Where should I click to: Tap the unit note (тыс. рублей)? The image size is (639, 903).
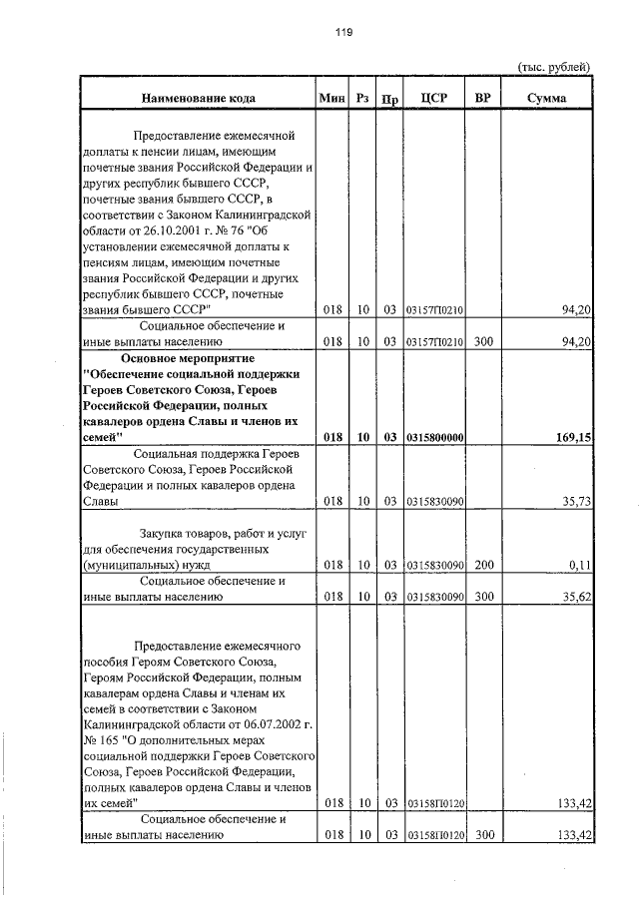pyautogui.click(x=554, y=67)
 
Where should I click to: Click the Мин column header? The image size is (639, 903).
pyautogui.click(x=331, y=98)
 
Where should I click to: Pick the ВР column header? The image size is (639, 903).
pyautogui.click(x=483, y=98)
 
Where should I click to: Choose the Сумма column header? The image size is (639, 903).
pyautogui.click(x=547, y=98)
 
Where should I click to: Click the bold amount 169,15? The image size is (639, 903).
pyautogui.click(x=572, y=436)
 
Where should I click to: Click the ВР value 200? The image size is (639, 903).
pyautogui.click(x=483, y=565)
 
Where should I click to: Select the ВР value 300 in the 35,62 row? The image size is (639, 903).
pyautogui.click(x=483, y=597)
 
